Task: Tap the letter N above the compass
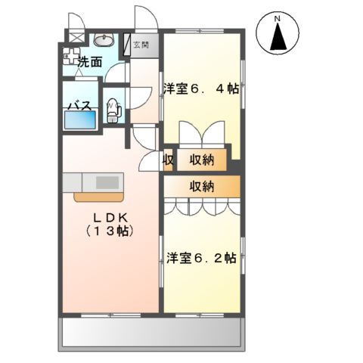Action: point(278,17)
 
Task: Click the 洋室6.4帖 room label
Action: point(201,88)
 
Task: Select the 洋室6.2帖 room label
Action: point(200,257)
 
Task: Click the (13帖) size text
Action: point(110,231)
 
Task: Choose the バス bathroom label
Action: point(79,105)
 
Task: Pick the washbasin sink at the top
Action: point(104,40)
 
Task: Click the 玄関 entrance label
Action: point(141,45)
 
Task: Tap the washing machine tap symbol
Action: point(73,54)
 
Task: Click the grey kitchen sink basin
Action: point(107,182)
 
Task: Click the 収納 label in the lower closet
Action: point(201,186)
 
